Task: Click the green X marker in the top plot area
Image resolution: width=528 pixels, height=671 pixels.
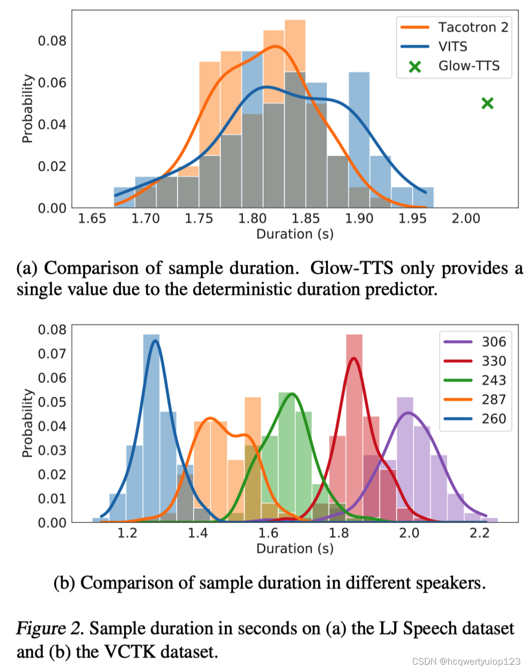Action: pos(487,103)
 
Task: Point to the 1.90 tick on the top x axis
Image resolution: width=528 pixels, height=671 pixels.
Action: pos(359,218)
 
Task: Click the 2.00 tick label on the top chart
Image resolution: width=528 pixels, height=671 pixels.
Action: pos(465,218)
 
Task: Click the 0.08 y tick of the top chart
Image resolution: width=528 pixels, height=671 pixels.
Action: pos(52,41)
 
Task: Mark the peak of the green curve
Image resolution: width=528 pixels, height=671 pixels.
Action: pos(292,394)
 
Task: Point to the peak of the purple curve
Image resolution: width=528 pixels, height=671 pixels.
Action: pos(408,413)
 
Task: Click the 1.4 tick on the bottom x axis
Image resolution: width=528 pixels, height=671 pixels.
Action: pos(198,533)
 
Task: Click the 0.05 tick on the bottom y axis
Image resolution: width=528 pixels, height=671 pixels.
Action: pos(52,402)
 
